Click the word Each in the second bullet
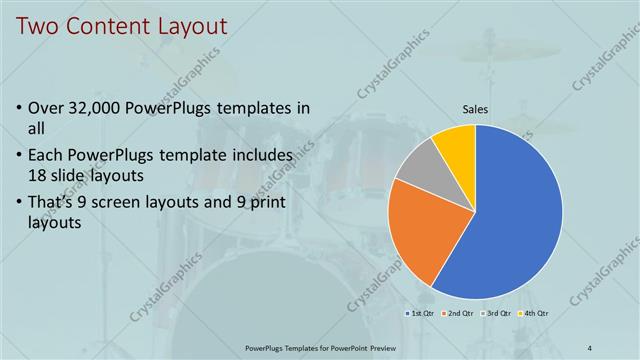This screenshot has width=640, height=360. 50,156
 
